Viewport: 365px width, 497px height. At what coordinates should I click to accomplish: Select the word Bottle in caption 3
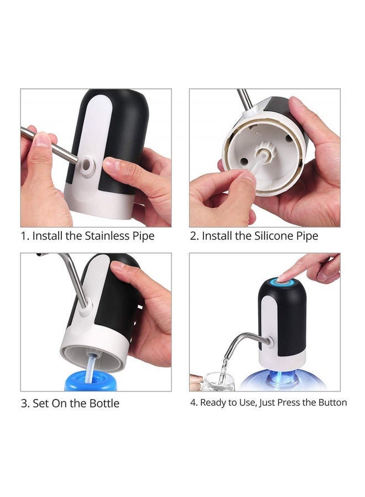click(103, 403)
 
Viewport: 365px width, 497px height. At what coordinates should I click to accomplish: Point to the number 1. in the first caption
click(25, 236)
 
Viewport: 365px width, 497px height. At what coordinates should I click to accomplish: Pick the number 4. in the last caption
click(194, 403)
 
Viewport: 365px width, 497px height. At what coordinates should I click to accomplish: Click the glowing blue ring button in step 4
click(282, 285)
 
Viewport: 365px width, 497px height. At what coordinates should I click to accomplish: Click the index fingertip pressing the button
click(283, 278)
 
